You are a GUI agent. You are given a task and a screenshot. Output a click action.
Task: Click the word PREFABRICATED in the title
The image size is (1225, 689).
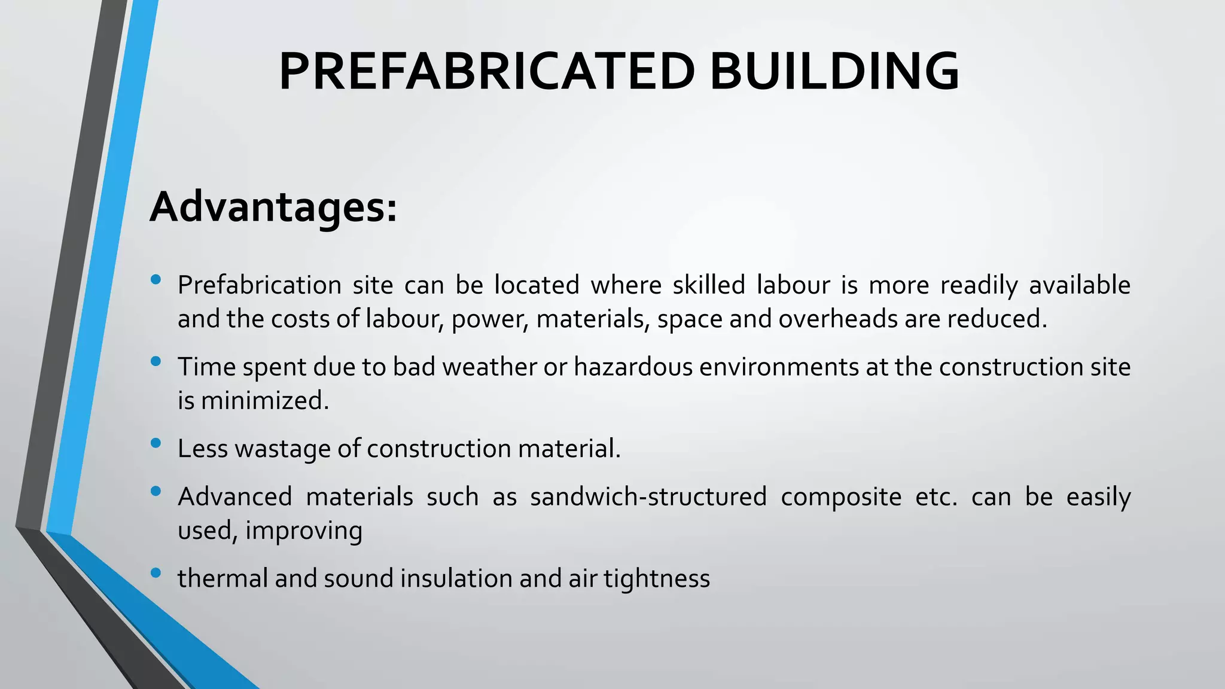click(x=486, y=72)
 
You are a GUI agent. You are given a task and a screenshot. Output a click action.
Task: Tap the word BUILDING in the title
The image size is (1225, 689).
click(x=834, y=72)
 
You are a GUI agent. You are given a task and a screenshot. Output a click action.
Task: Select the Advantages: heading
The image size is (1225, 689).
click(x=273, y=207)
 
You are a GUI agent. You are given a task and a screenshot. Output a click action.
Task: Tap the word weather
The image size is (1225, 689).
click(x=489, y=367)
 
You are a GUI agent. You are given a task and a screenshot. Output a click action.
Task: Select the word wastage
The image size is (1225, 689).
click(x=282, y=449)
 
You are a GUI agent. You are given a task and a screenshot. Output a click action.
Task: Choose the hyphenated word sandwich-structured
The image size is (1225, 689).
click(x=648, y=497)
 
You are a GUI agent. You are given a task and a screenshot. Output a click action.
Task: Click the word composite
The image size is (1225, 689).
click(x=840, y=497)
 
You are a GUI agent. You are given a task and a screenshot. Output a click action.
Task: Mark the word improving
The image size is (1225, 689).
click(x=303, y=531)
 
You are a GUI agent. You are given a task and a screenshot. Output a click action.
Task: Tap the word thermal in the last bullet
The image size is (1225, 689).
click(x=223, y=578)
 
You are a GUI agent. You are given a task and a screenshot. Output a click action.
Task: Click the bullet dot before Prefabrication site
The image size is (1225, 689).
click(x=156, y=279)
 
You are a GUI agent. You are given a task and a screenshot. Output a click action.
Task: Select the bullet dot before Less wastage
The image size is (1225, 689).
click(x=156, y=443)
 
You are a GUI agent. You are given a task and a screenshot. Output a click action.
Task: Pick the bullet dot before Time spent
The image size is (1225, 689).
click(x=156, y=361)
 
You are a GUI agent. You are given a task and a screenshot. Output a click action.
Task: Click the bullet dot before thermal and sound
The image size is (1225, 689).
click(x=156, y=573)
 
